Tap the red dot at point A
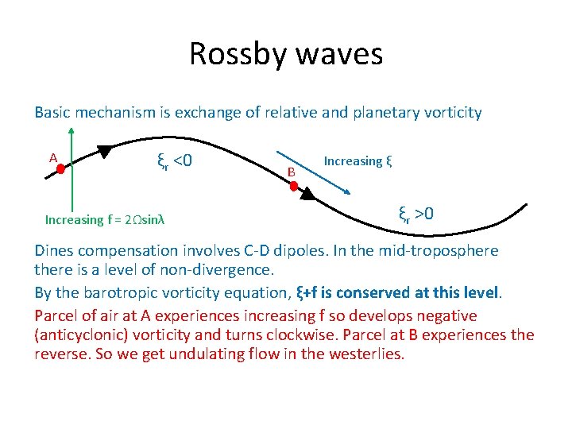click(70, 164)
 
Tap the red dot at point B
click(293, 187)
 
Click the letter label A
click(53, 157)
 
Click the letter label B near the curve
click(292, 172)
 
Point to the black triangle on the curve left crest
click(105, 149)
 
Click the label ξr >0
click(415, 214)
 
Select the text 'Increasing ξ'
click(357, 161)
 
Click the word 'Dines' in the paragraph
click(55, 251)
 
